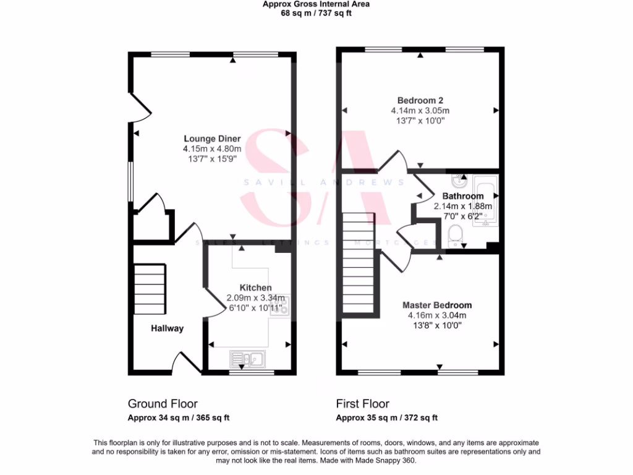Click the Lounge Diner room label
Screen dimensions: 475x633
tap(212, 139)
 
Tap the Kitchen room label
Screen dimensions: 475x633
tap(255, 288)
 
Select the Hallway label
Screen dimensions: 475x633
tap(168, 328)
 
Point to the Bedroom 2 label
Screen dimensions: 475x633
tap(420, 100)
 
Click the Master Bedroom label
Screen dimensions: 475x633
tap(437, 305)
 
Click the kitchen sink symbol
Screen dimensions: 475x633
tap(247, 358)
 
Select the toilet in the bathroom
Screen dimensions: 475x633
tap(455, 234)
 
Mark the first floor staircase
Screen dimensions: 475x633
tap(359, 263)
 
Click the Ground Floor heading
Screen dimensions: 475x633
tap(163, 404)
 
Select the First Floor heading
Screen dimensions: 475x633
tap(363, 404)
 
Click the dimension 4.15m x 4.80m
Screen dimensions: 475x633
tap(212, 149)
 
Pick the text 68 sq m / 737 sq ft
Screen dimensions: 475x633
tap(316, 13)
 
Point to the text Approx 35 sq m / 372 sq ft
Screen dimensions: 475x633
tap(386, 417)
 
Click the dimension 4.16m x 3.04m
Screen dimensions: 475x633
tap(437, 315)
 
